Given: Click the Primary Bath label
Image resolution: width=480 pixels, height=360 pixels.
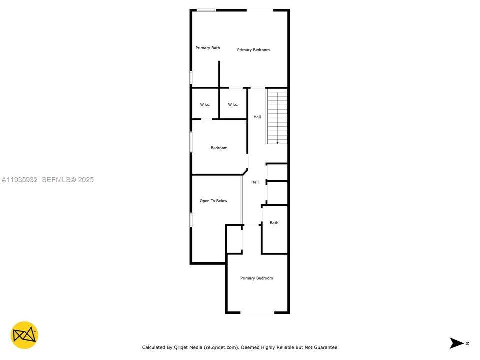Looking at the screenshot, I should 207,48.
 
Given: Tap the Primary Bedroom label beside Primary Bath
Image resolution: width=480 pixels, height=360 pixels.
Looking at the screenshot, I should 253,50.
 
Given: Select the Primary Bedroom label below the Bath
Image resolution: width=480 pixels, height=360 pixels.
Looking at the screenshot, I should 256,278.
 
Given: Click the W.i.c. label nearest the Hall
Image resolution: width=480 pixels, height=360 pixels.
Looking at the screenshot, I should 233,104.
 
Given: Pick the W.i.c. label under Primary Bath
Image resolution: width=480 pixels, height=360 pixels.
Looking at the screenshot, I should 205,104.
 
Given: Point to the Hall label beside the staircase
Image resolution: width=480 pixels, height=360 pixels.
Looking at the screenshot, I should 257,117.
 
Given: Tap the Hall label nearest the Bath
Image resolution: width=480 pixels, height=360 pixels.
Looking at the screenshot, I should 255,182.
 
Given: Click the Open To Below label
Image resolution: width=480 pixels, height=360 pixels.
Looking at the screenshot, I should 213,201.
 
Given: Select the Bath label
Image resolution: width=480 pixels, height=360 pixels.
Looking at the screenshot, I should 274,223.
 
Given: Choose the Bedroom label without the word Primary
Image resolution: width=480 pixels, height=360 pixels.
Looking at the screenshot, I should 219,148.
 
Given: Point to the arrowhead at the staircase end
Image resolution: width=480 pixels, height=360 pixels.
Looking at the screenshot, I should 278,143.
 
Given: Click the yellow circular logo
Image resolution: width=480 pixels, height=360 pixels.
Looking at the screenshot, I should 24,335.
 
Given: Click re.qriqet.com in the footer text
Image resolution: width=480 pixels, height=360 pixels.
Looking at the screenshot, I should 222,347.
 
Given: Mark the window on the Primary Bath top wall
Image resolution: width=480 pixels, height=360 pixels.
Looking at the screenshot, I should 206,10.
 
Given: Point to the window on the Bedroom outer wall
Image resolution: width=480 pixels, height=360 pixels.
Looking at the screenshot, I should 191,141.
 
